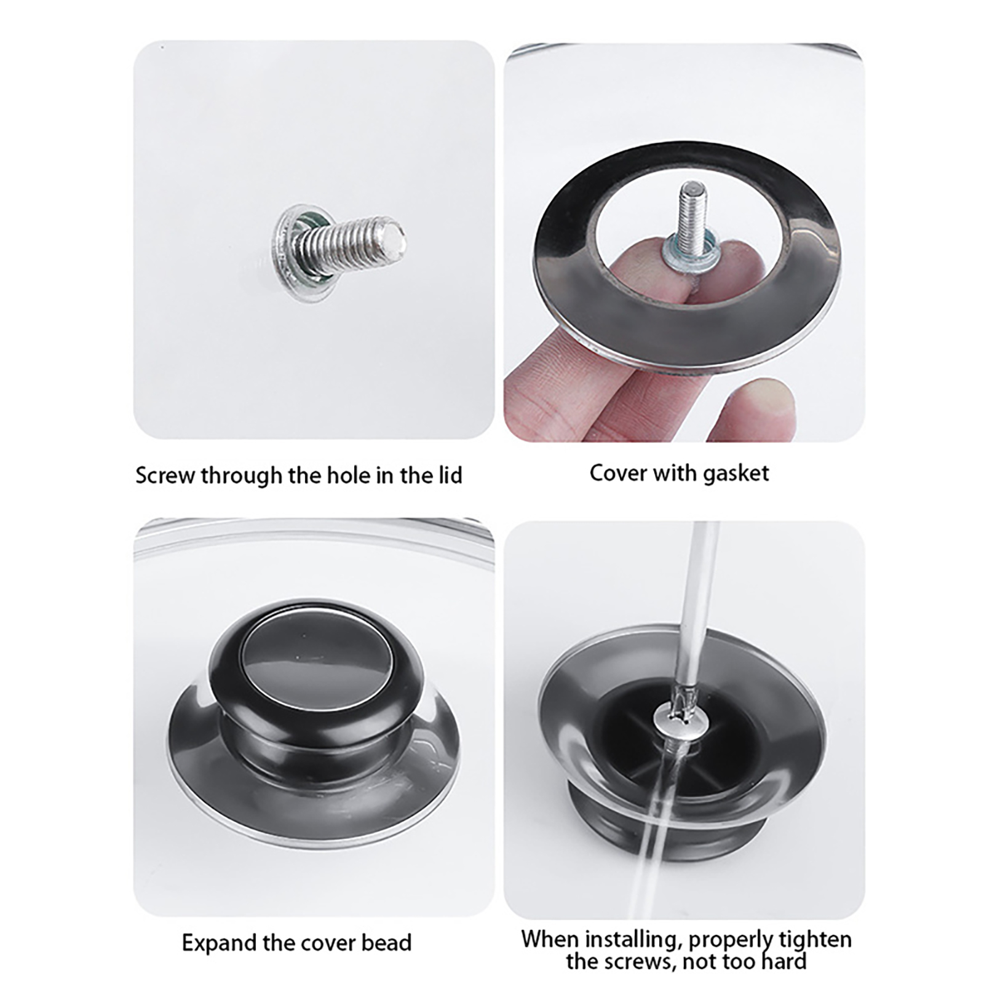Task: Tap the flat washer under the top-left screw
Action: pos(289,253)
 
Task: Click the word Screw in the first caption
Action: pos(165,475)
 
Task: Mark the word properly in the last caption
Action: pos(731,941)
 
